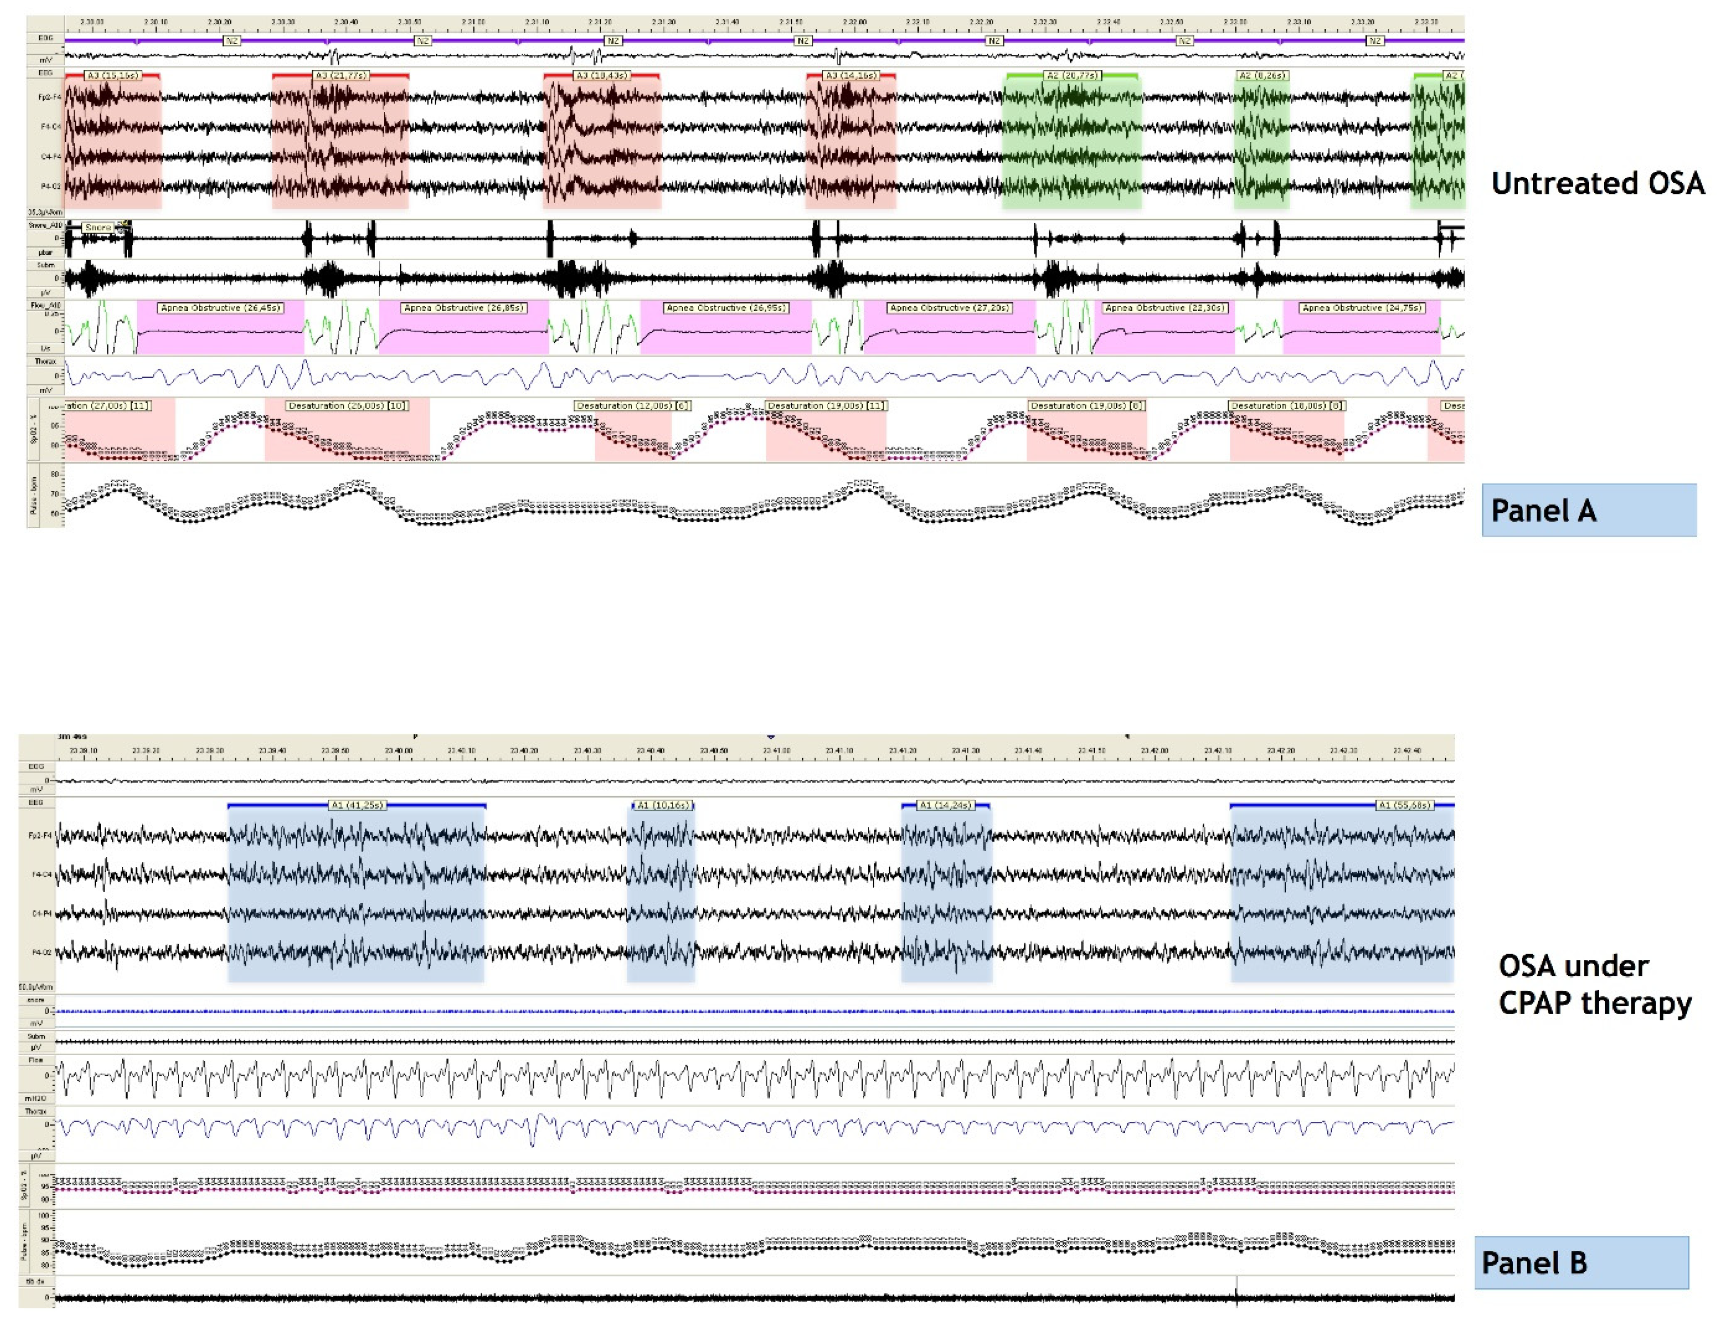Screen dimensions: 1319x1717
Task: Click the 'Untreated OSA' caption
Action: pos(1597,183)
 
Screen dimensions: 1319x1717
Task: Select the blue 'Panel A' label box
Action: pos(1588,510)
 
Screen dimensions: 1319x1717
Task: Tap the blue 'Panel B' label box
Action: pos(1581,1263)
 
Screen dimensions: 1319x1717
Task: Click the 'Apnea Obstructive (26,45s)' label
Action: pos(221,308)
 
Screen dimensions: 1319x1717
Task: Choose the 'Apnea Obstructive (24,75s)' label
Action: pos(1362,308)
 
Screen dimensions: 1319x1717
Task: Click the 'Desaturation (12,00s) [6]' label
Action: pos(632,406)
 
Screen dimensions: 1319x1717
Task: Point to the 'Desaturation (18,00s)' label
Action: pos(1287,406)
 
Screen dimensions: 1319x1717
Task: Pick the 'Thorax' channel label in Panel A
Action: pos(45,362)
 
